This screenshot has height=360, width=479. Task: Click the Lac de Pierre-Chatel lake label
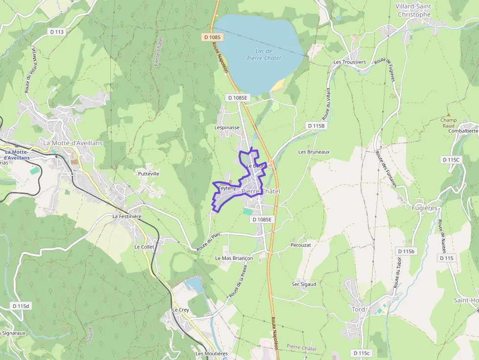(264, 55)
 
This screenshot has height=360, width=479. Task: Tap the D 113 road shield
(57, 32)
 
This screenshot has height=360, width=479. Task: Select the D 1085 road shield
(212, 37)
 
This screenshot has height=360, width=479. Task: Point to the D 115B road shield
(316, 126)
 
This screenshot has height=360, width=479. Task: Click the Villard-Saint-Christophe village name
(413, 10)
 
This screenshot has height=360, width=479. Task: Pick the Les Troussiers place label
(349, 62)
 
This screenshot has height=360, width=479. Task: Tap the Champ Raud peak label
(448, 123)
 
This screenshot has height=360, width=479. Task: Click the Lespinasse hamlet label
(227, 127)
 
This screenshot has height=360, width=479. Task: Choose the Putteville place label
(149, 173)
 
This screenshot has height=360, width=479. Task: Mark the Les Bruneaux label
(314, 152)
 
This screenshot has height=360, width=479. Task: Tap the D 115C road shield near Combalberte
(451, 160)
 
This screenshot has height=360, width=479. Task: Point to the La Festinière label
(127, 216)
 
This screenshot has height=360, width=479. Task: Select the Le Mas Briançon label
(234, 258)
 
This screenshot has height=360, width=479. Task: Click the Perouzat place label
(301, 244)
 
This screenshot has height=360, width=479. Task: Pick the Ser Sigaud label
(304, 284)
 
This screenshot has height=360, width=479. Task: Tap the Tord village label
(358, 309)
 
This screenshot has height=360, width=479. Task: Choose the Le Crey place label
(180, 310)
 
